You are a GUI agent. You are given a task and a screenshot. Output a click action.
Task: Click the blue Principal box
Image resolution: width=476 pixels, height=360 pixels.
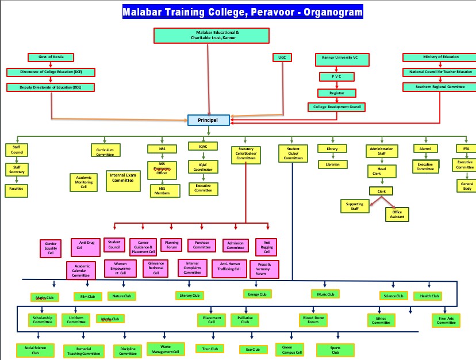click(209, 120)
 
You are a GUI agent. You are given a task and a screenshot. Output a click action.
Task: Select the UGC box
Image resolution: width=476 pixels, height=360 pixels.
click(282, 58)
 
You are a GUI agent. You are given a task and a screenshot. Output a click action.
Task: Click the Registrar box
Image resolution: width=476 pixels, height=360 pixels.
click(336, 93)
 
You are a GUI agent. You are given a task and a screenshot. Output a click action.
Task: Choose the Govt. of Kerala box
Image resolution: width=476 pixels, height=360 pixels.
click(51, 58)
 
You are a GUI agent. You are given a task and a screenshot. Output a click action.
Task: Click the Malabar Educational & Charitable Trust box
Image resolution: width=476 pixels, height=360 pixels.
click(212, 36)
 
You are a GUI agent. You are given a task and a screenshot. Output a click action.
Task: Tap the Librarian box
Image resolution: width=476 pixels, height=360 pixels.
click(332, 164)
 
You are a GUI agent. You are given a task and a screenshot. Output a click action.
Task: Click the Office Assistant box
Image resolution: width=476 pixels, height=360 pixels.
click(397, 214)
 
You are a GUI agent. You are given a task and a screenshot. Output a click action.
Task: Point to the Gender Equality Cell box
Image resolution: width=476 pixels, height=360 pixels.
click(51, 248)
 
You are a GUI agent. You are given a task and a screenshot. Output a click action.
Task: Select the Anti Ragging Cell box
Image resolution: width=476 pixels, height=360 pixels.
click(267, 247)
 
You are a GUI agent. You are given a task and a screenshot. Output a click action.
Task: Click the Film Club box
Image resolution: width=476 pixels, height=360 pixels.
click(88, 297)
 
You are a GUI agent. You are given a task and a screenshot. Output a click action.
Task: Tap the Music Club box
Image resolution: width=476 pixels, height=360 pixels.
click(325, 294)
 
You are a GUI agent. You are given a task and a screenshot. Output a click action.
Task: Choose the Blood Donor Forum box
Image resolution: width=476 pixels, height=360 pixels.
click(313, 320)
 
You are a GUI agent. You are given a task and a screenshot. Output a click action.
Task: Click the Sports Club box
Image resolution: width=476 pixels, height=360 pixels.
click(335, 350)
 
